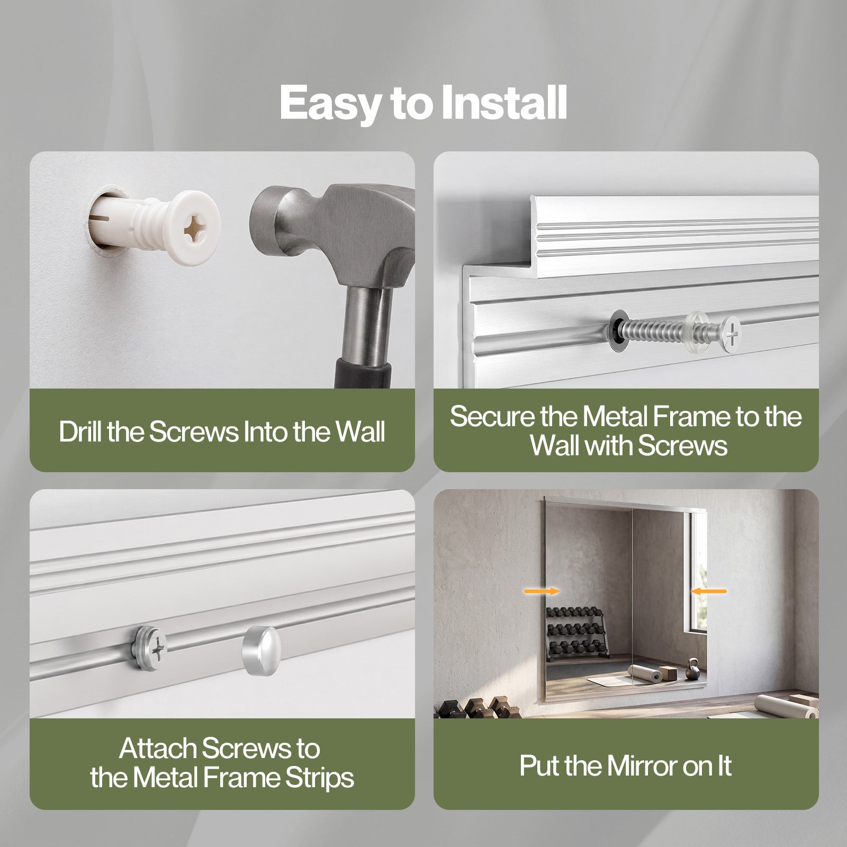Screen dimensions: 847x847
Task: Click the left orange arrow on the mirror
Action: tap(542, 591)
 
